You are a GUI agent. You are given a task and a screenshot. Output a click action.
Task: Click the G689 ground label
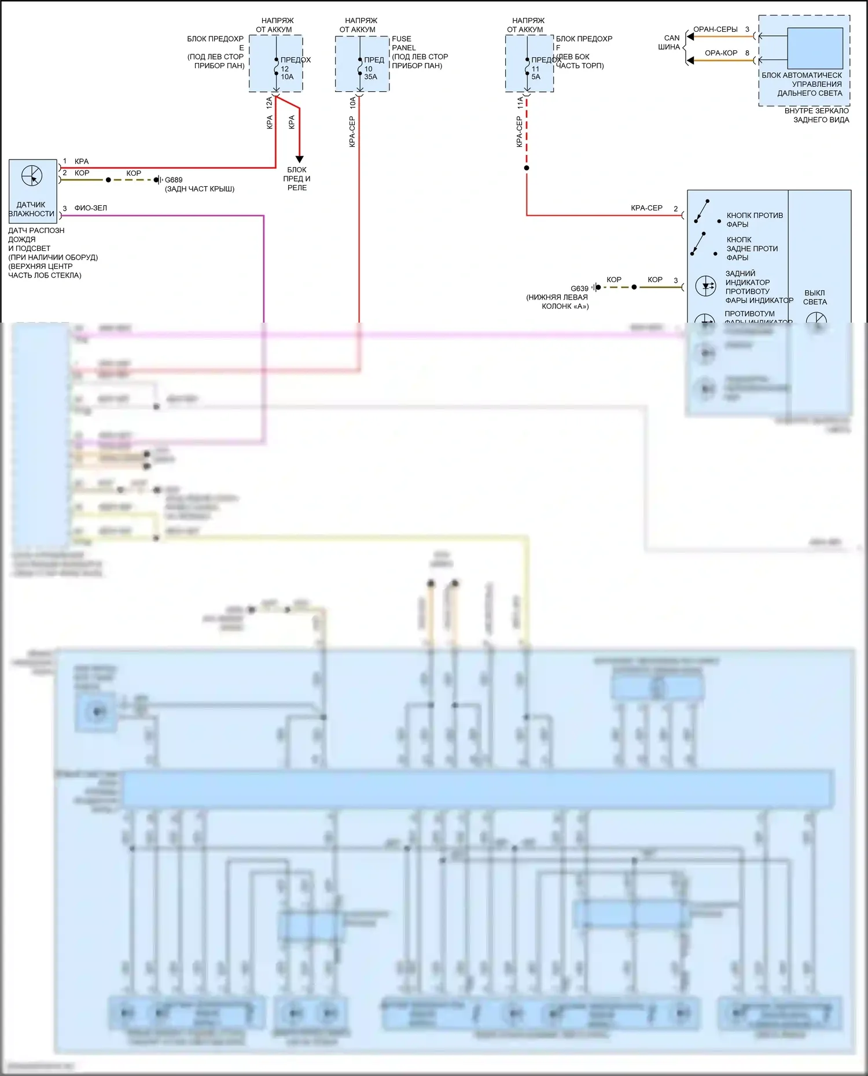pos(174,180)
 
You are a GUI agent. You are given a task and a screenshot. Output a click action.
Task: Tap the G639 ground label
pos(579,289)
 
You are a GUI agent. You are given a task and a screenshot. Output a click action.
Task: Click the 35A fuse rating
pos(370,77)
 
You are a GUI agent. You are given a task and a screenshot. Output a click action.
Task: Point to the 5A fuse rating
pos(536,77)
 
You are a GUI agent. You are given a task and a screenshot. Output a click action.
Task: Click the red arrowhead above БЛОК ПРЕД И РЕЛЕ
pos(299,159)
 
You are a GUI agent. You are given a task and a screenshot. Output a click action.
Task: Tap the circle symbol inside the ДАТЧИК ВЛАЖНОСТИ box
pos(32,176)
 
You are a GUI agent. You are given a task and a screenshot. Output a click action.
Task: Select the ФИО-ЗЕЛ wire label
pos(90,208)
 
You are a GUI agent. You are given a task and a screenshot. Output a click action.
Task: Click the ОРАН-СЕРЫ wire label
pos(715,29)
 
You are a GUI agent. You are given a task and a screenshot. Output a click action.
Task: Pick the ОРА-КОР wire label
pos(721,53)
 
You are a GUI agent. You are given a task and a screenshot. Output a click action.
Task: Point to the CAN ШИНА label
pos(670,42)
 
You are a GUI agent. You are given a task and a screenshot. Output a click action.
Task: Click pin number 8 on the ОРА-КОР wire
pos(747,53)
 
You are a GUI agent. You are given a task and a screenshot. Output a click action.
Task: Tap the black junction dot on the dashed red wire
pos(527,168)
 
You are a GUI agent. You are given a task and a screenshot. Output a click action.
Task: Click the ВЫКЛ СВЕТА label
pos(815,297)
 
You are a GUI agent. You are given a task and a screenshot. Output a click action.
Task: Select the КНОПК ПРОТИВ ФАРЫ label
pos(754,220)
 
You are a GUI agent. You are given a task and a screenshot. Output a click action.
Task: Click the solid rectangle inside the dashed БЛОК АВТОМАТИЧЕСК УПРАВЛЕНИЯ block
pos(815,49)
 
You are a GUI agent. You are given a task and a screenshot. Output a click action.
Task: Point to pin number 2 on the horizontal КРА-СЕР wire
pos(675,209)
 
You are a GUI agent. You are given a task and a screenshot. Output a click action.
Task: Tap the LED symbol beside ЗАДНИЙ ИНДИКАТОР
pos(706,286)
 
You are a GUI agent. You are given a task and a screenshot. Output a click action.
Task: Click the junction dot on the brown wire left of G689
pos(108,180)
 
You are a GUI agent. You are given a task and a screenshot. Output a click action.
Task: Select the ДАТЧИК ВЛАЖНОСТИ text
pos(31,209)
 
